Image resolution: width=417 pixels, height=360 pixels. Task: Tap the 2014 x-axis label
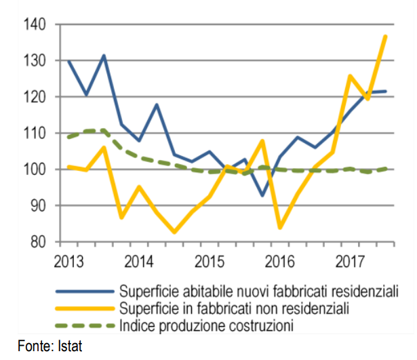point(138,261)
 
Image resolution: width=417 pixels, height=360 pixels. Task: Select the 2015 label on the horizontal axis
point(209,261)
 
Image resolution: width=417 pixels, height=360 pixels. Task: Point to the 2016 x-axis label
point(279,261)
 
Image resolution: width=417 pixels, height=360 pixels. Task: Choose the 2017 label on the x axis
point(350,261)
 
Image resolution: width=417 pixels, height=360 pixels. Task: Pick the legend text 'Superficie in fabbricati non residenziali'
point(234,308)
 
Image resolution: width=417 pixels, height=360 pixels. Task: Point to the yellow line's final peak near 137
point(386,36)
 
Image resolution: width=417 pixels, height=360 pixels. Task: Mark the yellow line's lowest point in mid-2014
point(174,232)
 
